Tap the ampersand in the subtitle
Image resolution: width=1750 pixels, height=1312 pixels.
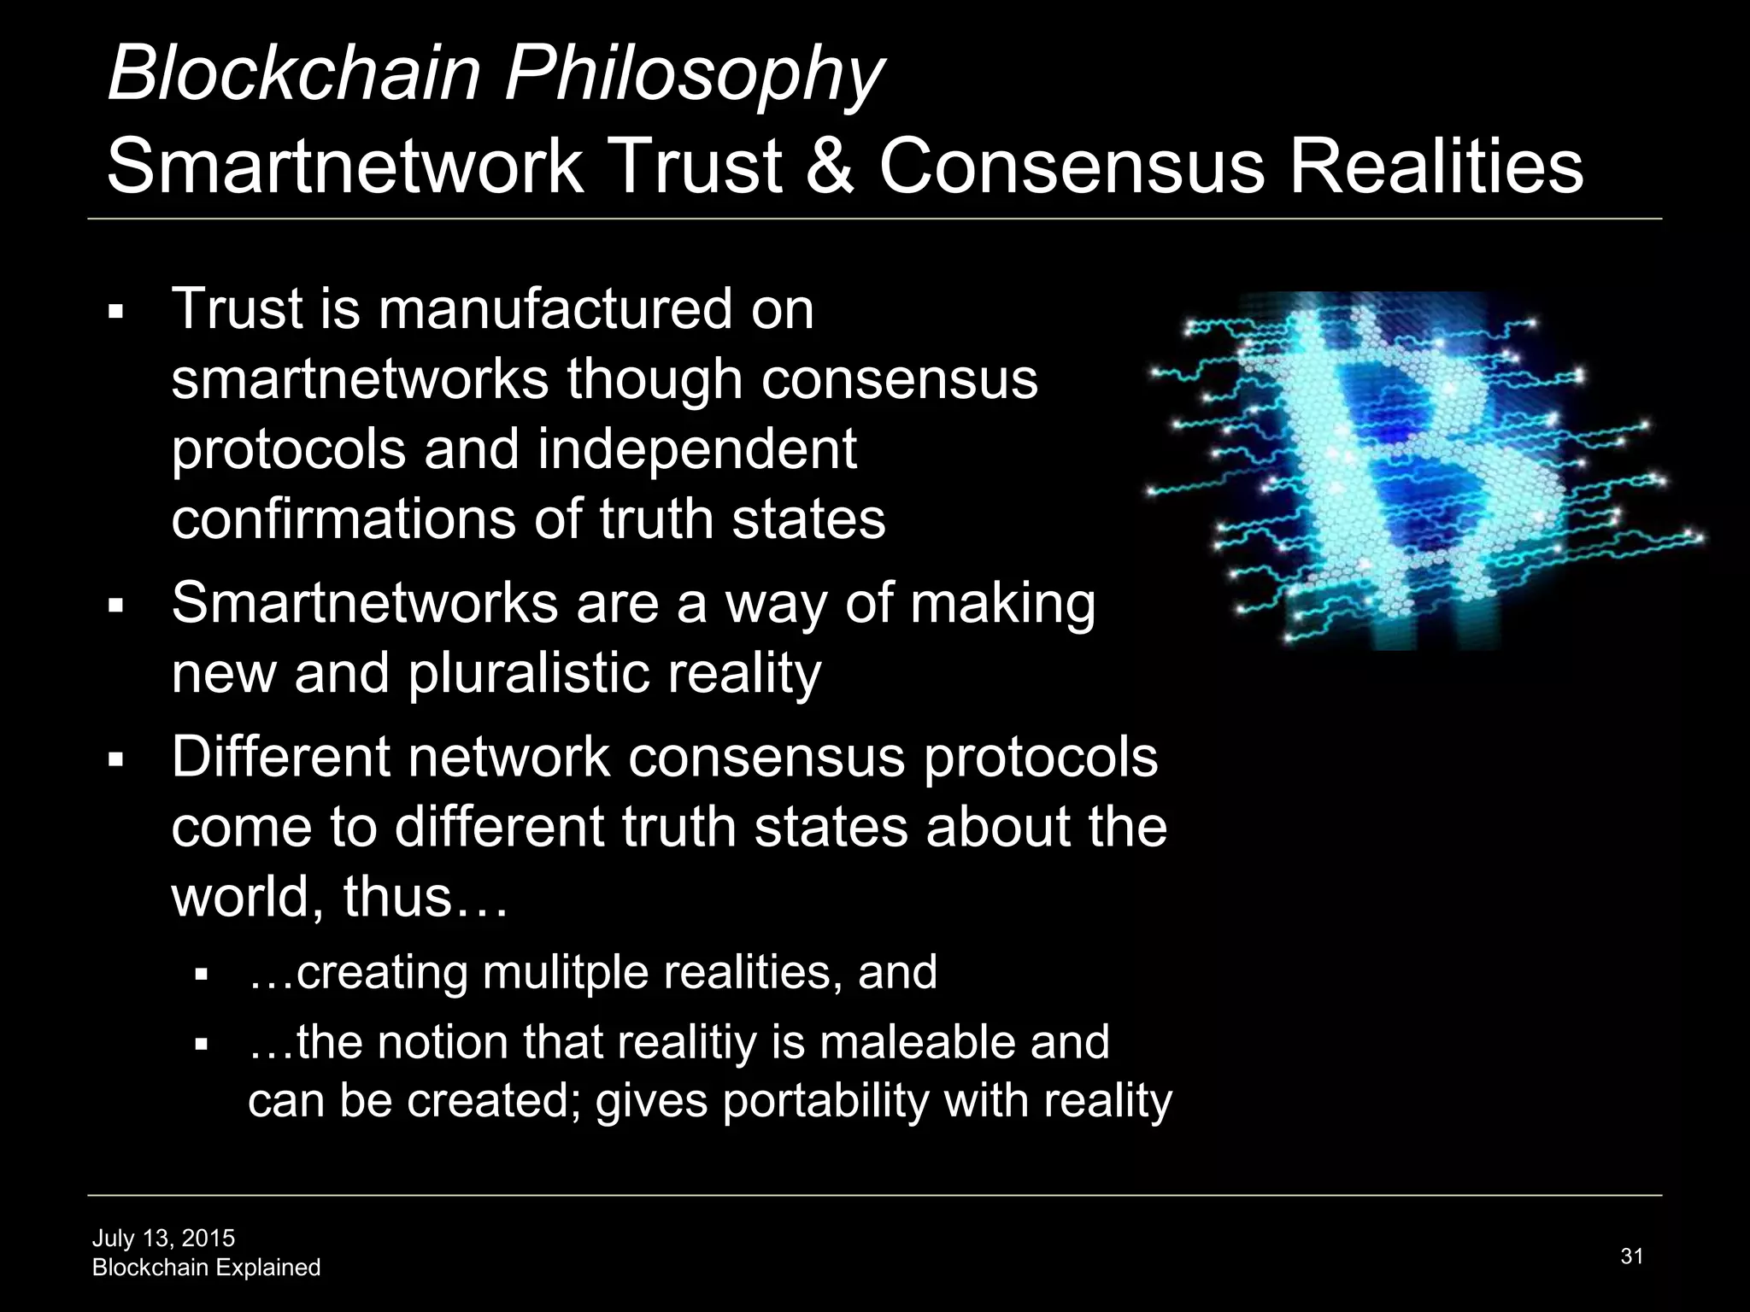(x=829, y=166)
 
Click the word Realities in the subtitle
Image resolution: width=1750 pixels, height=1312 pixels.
(x=1436, y=166)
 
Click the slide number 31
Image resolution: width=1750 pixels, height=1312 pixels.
(x=1631, y=1256)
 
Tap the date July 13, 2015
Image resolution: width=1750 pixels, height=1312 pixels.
(x=163, y=1238)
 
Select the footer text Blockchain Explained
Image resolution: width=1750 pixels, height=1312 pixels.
(x=206, y=1268)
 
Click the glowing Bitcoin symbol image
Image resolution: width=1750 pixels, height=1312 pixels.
(x=1418, y=470)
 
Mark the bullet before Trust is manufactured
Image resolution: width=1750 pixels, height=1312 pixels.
(x=116, y=312)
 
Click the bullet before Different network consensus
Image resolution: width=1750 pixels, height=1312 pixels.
(x=116, y=759)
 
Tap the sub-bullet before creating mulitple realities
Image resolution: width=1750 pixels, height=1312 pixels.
(x=202, y=975)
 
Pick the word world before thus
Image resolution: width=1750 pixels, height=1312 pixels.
(x=247, y=898)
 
